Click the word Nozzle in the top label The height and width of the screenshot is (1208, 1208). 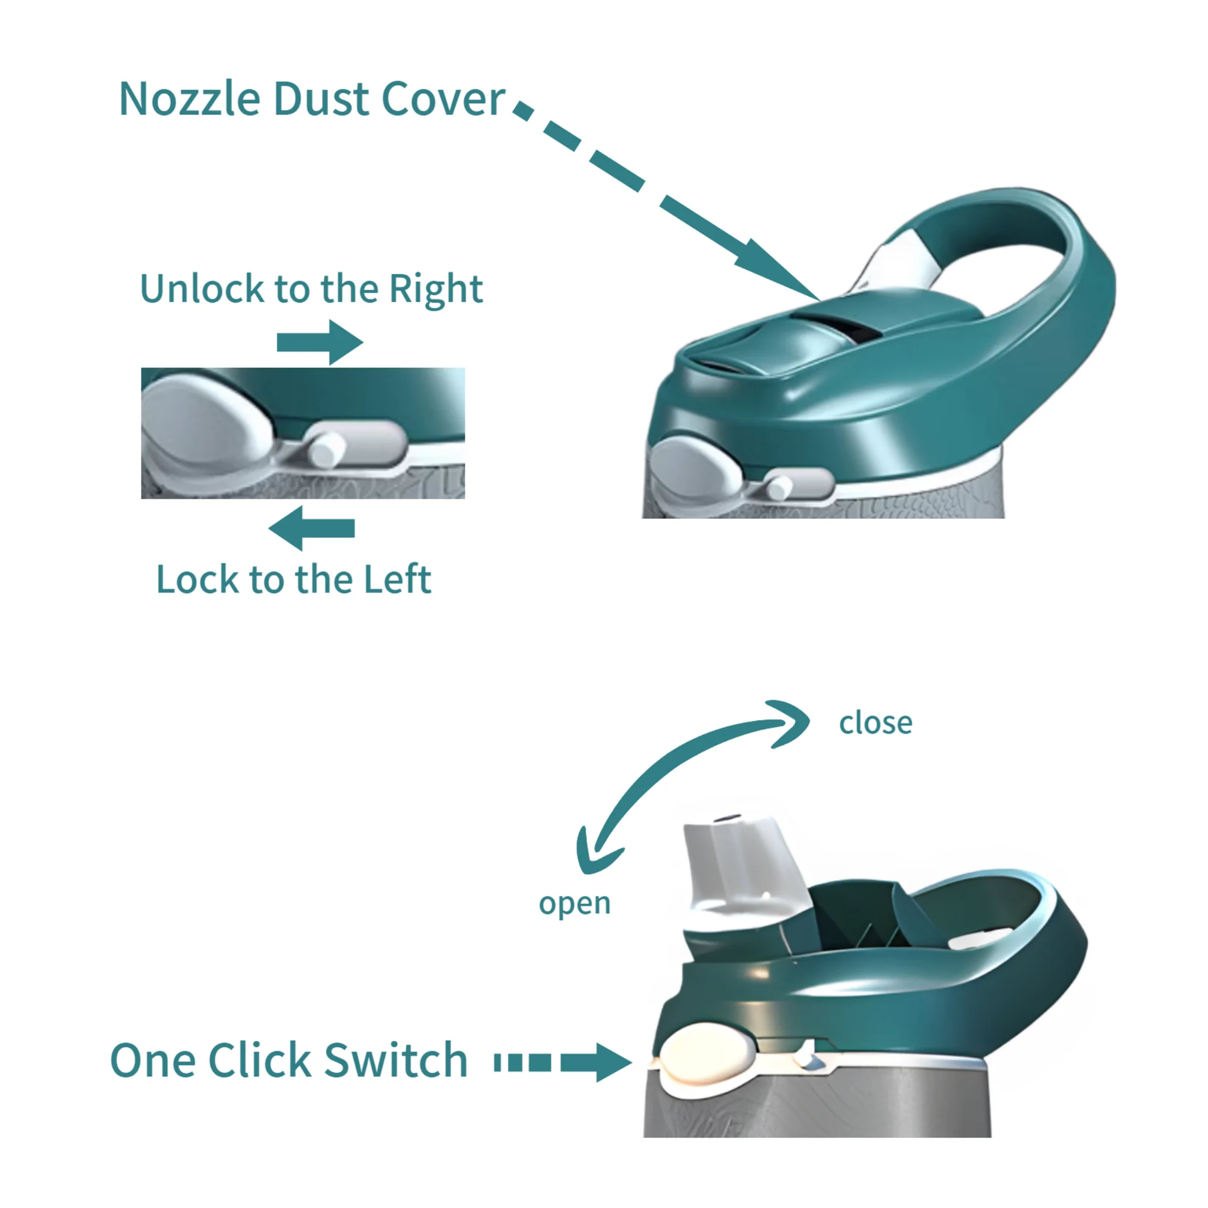pyautogui.click(x=190, y=99)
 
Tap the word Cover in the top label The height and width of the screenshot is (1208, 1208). pyautogui.click(x=443, y=99)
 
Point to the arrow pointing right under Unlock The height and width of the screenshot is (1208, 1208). pyautogui.click(x=320, y=342)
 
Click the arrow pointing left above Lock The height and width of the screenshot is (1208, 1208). pyautogui.click(x=312, y=528)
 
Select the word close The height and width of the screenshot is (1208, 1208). pyautogui.click(x=875, y=724)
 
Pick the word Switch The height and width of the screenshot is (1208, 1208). pyautogui.click(x=396, y=1061)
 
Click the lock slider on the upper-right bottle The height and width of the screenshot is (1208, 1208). pyautogui.click(x=779, y=487)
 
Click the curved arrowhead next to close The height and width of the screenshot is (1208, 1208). pyautogui.click(x=789, y=724)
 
